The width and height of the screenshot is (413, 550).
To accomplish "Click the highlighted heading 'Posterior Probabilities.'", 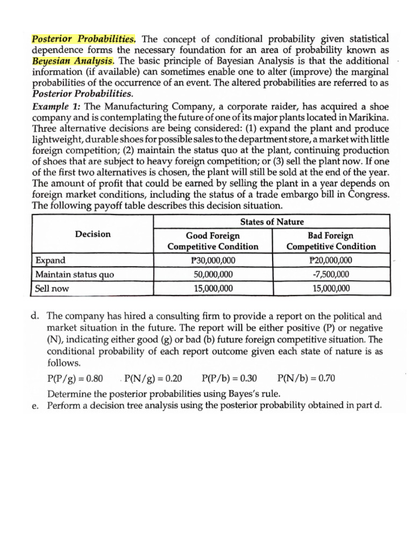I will (84, 39).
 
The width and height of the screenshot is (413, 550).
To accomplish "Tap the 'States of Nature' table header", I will (272, 222).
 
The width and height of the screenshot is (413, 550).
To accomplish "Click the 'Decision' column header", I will (93, 234).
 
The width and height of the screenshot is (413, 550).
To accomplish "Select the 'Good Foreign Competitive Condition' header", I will (213, 241).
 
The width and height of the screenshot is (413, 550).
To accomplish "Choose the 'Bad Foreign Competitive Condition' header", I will (331, 241).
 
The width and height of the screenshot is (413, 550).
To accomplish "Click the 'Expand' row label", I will (51, 260).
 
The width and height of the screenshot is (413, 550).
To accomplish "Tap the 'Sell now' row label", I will (52, 288).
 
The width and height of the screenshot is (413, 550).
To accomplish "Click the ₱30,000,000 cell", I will (213, 260).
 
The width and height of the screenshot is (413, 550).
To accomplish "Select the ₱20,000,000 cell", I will (331, 260).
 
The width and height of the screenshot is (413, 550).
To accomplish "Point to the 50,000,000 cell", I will (213, 274).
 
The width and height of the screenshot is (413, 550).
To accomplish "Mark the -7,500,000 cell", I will (331, 274).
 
